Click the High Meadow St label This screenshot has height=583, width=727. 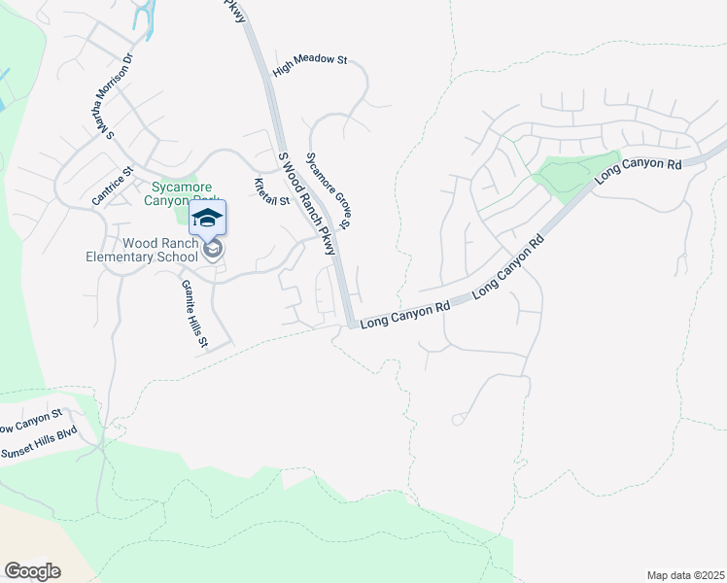click(x=310, y=60)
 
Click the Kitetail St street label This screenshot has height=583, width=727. click(x=272, y=192)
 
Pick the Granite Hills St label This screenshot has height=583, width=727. click(x=194, y=313)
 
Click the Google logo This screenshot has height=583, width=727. click(x=32, y=571)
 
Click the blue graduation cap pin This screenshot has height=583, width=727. click(x=207, y=216)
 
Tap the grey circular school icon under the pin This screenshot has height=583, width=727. click(x=214, y=251)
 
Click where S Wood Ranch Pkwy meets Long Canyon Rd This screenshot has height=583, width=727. click(x=350, y=322)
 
